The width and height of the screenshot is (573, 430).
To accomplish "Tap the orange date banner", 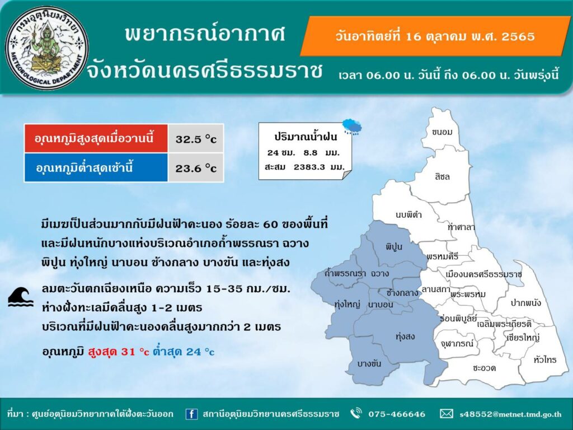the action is click(435, 36).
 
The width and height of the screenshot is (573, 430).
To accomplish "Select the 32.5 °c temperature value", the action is click(196, 139).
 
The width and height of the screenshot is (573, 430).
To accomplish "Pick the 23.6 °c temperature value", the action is click(196, 168).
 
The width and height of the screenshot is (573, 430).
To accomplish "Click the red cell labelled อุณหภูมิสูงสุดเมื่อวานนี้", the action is click(96, 138).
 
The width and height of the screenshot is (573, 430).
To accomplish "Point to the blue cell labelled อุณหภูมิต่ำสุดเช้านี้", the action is click(96, 167).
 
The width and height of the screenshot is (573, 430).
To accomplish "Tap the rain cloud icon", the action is click(352, 127).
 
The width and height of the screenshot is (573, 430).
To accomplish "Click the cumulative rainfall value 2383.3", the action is click(309, 167).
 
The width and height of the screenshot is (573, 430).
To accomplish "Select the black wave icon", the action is click(21, 297).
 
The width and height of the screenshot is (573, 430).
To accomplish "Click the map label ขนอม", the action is click(442, 132).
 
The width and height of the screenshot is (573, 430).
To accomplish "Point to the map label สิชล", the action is click(442, 176).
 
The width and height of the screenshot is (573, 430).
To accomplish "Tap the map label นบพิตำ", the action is click(408, 214).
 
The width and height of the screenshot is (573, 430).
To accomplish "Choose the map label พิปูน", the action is click(393, 246).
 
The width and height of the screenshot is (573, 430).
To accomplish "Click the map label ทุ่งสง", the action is click(405, 336).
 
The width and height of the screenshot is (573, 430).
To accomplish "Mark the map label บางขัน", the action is click(369, 363).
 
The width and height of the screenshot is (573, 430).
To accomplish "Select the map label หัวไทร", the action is click(545, 360).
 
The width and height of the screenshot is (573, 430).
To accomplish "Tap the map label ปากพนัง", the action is click(526, 302).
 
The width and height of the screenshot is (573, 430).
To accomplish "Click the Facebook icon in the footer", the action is click(191, 414).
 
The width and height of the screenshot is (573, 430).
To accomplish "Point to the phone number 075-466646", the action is click(397, 414).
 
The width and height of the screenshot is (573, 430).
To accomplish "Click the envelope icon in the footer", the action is click(446, 414).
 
